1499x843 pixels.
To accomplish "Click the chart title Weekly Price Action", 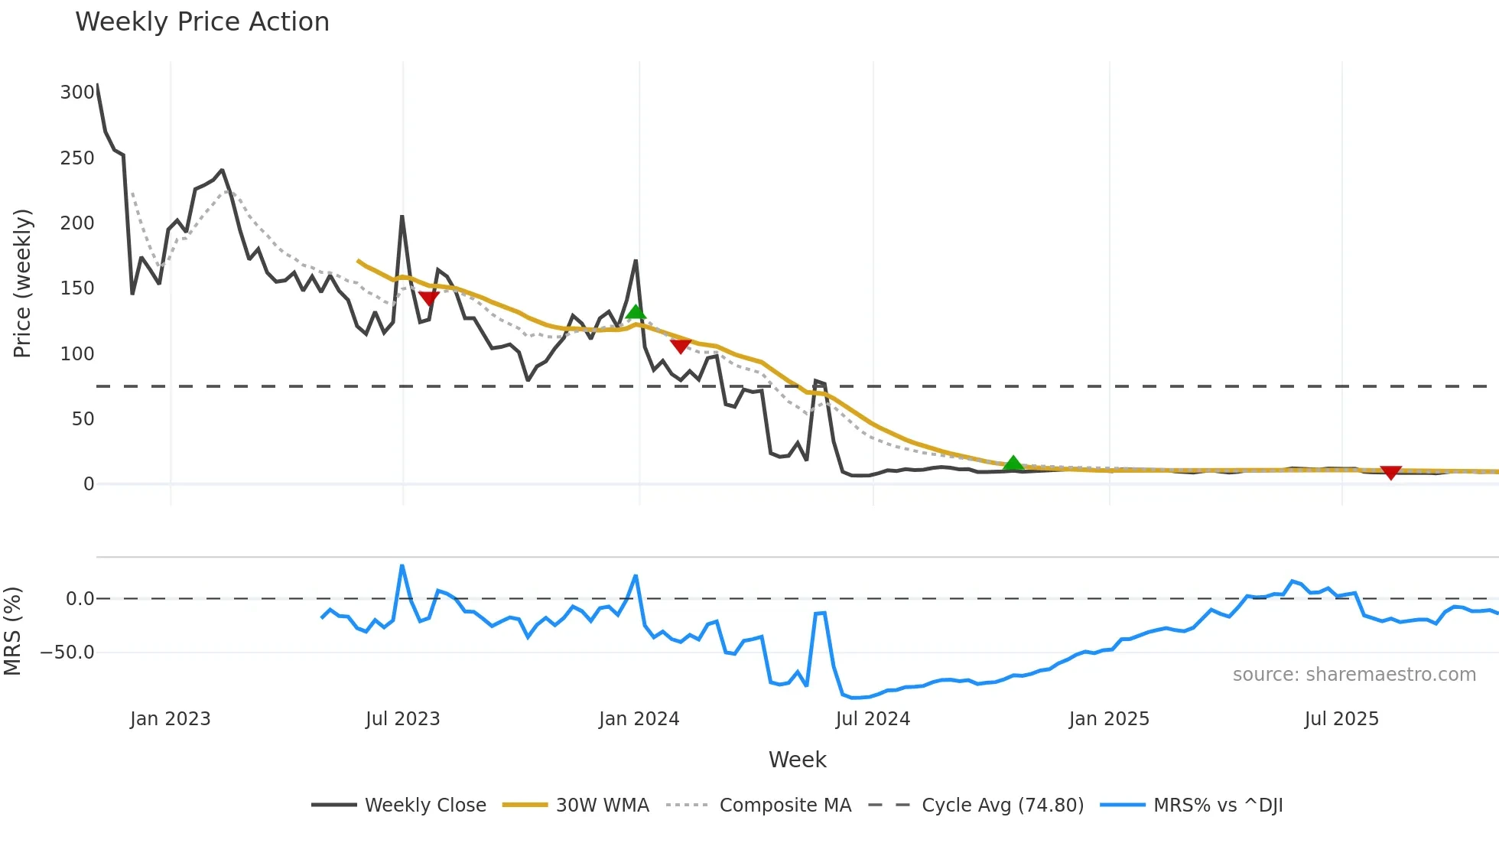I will pos(202,21).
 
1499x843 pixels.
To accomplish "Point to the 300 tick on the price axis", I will pos(77,93).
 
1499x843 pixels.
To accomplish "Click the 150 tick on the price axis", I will pos(77,288).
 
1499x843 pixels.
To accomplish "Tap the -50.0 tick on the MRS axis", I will pos(67,653).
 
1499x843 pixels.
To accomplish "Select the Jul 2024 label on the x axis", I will pos(873,719).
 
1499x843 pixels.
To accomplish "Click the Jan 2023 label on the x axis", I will pos(170,719).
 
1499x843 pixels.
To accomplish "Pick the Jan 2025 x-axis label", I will pos(1109,719).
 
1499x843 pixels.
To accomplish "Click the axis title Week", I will pos(797,760).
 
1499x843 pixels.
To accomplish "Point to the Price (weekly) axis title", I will pos(22,283).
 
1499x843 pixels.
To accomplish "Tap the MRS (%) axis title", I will pos(12,631).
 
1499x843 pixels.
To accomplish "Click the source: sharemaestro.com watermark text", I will pos(1354,675).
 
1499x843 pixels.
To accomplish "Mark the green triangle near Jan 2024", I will pos(636,311).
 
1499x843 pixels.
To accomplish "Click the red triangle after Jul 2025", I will pos(1390,472).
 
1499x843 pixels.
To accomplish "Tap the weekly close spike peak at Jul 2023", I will pos(402,216).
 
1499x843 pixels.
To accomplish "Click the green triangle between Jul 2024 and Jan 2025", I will pos(1013,463).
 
